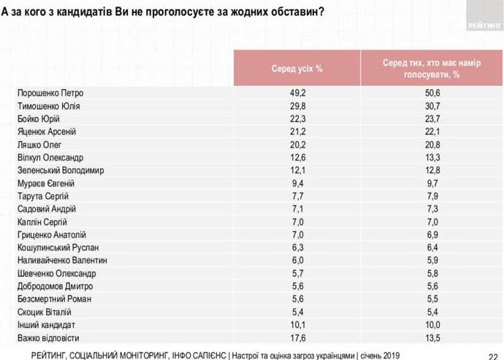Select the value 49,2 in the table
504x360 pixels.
tap(297, 93)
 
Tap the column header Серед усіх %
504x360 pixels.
tap(297, 69)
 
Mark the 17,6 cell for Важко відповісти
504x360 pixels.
tap(297, 337)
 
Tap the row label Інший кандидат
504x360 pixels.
tap(45, 324)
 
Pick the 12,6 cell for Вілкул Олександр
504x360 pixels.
tap(297, 157)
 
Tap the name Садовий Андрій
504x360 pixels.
tap(44, 209)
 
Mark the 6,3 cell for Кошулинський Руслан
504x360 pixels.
tap(297, 247)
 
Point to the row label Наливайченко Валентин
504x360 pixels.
tap(61, 260)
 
